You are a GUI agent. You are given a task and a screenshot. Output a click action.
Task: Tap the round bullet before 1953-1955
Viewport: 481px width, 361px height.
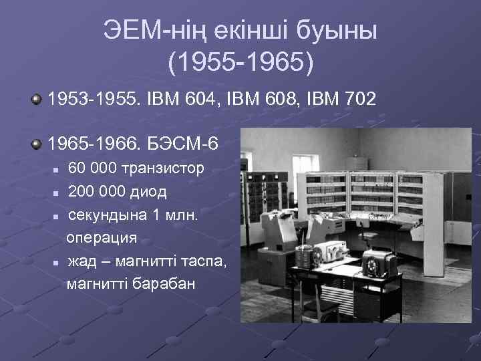pyautogui.click(x=35, y=100)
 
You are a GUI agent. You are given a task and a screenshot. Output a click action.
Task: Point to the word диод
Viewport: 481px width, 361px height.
pyautogui.click(x=146, y=192)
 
